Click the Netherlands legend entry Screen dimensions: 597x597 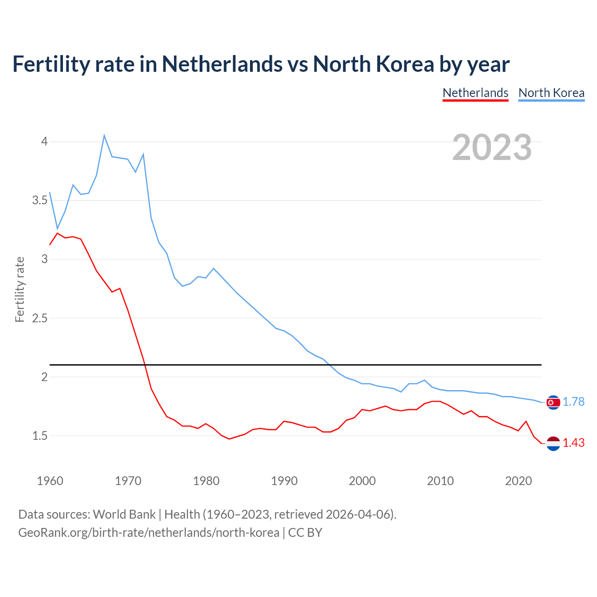click(475, 93)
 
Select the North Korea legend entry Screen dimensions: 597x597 click(551, 93)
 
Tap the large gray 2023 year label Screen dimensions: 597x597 click(492, 147)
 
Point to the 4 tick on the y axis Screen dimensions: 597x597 click(45, 141)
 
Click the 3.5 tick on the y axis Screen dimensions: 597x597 click(40, 201)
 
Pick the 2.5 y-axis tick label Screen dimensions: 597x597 click(40, 319)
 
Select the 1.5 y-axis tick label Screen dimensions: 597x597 click(40, 436)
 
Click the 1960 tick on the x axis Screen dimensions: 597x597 click(50, 481)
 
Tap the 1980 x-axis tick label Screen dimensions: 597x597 click(206, 481)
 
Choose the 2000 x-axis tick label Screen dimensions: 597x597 click(362, 481)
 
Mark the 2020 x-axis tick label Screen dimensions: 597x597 click(518, 481)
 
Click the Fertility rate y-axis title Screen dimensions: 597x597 click(20, 289)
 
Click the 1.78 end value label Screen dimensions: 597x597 click(573, 402)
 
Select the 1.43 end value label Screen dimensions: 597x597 click(573, 443)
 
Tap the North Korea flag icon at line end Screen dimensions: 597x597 click(553, 402)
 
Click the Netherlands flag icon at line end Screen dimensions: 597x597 click(553, 444)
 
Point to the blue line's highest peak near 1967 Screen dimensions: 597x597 click(104, 136)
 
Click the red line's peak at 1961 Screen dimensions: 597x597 click(57, 233)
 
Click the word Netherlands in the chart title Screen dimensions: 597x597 click(222, 64)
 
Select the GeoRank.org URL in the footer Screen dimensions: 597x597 click(149, 532)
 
